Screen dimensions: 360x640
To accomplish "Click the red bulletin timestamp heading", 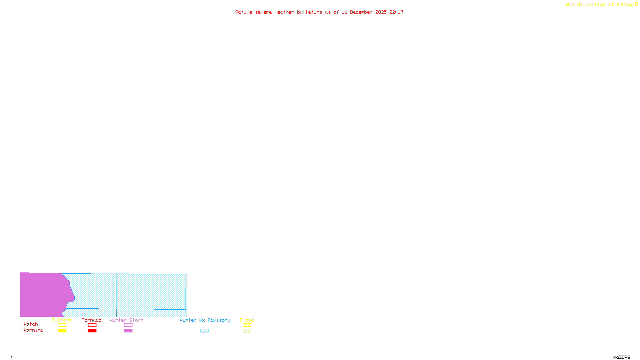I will [x=319, y=12].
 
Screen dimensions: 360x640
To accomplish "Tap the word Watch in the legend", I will [x=31, y=324].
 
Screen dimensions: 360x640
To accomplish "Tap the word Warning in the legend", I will [x=34, y=330].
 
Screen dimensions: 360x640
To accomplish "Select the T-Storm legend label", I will [x=62, y=320].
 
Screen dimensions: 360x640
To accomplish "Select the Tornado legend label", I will [x=92, y=320].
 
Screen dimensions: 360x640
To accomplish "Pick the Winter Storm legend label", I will [x=126, y=320].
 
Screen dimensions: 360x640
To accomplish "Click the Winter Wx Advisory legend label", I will [x=205, y=320].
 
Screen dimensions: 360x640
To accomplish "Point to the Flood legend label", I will [x=247, y=320].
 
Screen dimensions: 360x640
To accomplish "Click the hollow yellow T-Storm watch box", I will [x=62, y=325].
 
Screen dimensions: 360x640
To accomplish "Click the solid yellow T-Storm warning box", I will [x=62, y=331].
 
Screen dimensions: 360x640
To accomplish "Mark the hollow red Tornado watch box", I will [x=92, y=325].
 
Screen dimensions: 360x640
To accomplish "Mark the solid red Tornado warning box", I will [x=92, y=331].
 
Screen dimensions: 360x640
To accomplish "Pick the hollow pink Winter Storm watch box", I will [x=128, y=325].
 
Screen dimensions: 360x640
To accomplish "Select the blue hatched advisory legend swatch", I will [x=204, y=331].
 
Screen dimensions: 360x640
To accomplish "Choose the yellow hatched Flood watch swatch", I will [x=247, y=325].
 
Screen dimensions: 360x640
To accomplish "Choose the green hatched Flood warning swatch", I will [x=247, y=331].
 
